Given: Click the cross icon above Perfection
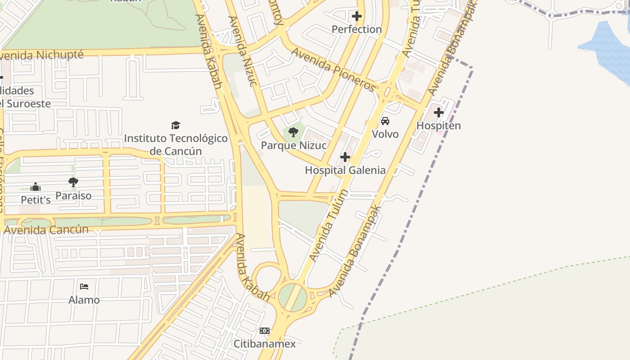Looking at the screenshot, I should point(357,17).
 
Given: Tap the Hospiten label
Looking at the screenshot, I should point(439,126).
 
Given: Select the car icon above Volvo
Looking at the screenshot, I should point(385,121).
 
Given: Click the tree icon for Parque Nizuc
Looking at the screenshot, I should point(293,132).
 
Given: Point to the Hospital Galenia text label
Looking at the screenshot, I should point(345,170).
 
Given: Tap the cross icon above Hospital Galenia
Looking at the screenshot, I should point(345,157).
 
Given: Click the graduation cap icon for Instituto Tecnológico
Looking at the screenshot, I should point(175,125).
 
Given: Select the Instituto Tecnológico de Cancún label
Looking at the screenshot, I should point(176,144).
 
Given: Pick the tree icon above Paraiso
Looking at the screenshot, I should point(73,182).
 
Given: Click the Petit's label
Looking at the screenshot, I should point(36,199).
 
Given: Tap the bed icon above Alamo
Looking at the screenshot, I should point(84,286).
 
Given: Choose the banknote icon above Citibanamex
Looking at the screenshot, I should point(265,331).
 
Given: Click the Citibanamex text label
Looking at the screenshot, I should point(265,344).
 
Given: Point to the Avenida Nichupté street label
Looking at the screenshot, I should point(41,55).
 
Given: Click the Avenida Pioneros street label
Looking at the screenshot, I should point(333,69).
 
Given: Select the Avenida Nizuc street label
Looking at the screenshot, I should point(243,51).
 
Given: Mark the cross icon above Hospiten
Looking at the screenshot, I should point(439,112).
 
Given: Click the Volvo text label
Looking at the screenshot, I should point(385,134).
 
